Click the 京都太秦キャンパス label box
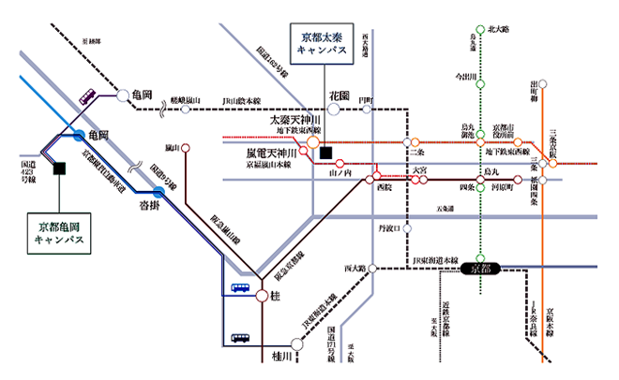coord(322,43)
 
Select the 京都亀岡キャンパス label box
coord(59,232)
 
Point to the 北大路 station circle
coord(480,30)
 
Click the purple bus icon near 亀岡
coord(87,95)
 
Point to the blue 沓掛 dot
coord(159,192)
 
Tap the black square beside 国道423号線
coord(59,168)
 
